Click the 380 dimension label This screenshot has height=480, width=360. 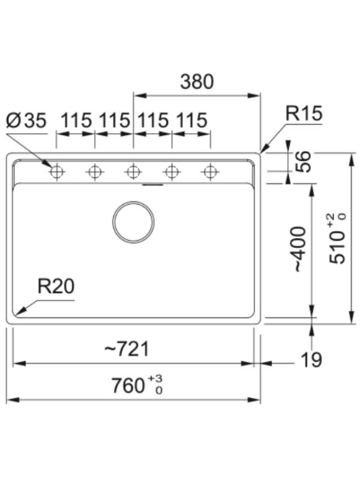click(197, 82)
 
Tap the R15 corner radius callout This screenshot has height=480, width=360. click(304, 113)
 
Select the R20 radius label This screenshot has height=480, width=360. click(56, 287)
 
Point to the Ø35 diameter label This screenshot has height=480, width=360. click(26, 121)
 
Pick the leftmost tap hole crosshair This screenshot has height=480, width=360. click(56, 172)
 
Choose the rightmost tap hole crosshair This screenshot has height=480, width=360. click(210, 172)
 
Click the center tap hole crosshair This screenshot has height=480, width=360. click(133, 172)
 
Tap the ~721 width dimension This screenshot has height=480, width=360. click(127, 349)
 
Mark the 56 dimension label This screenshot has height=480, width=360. click(303, 161)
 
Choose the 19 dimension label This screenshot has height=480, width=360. click(311, 359)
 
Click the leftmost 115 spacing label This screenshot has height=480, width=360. click(77, 121)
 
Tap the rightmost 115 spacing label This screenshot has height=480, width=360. click(192, 121)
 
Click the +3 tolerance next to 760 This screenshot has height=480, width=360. click(155, 379)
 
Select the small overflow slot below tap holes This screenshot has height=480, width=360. click(152, 185)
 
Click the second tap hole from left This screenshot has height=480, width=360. click(95, 172)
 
